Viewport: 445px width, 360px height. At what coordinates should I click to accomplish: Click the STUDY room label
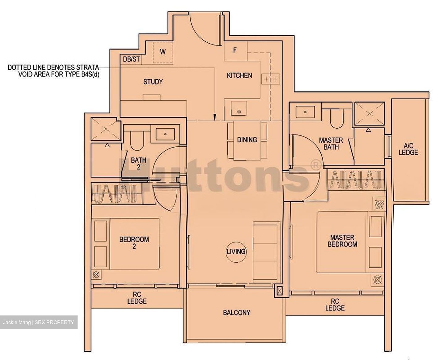153,82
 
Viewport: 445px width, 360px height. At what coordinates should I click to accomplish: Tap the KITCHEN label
239,75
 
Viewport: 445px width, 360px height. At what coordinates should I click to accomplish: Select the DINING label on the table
247,140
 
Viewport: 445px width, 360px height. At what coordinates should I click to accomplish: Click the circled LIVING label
236,251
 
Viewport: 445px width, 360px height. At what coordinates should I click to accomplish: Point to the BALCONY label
236,312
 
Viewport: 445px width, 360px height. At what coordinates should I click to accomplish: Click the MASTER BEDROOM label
342,241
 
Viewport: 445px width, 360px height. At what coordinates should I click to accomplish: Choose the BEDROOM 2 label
134,242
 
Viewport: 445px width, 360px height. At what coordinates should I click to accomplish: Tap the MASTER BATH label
331,144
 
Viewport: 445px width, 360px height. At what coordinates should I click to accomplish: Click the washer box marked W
163,52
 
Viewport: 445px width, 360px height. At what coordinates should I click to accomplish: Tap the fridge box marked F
235,50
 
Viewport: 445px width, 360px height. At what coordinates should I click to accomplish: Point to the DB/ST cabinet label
131,59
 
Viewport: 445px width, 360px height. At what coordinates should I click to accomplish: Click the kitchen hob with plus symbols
270,79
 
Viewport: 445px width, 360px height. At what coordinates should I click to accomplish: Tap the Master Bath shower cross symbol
369,114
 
